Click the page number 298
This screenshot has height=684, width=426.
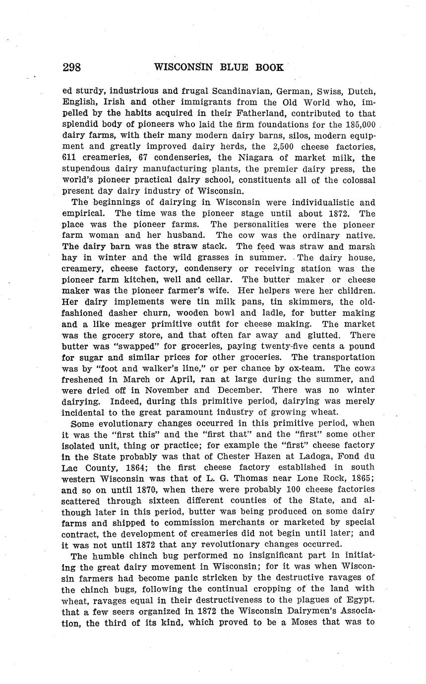(71, 67)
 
